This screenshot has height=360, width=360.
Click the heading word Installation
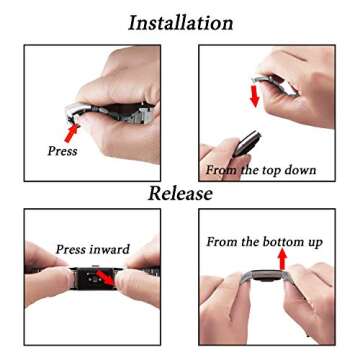click(x=181, y=22)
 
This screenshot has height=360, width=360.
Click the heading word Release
click(x=181, y=193)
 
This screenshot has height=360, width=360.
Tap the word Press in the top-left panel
click(x=62, y=152)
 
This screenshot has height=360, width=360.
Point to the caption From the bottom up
click(x=266, y=241)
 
